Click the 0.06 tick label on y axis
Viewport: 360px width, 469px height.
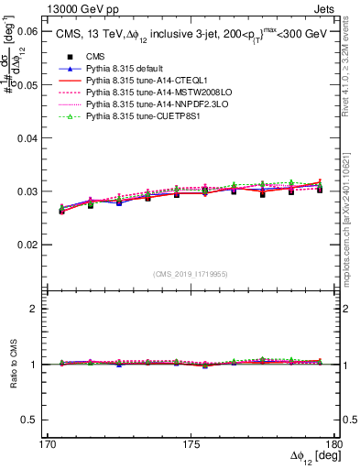[x=27, y=31]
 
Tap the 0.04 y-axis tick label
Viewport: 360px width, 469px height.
[x=27, y=138]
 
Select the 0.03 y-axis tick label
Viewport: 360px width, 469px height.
[x=27, y=191]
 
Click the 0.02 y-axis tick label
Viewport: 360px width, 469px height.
[x=27, y=245]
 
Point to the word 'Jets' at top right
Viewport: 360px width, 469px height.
[x=325, y=7]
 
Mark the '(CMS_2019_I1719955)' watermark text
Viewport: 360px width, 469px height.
[x=191, y=273]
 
